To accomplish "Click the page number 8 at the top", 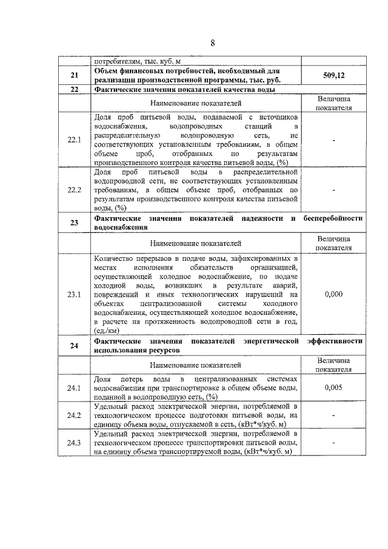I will point(213,43).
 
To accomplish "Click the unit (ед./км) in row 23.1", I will point(107,331).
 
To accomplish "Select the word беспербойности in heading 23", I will point(333,218).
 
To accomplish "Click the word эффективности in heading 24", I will point(335,342).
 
